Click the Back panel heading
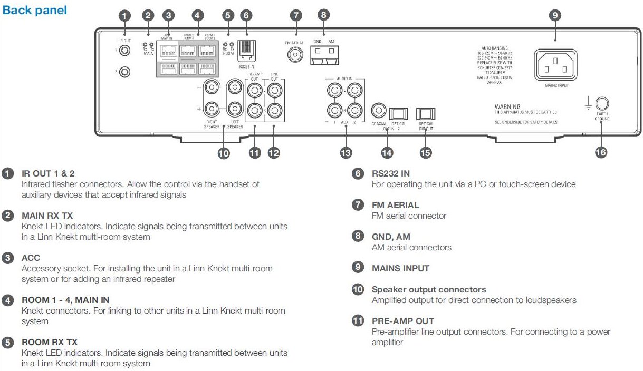coord(35,10)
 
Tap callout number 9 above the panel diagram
coord(554,15)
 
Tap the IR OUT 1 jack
coord(124,51)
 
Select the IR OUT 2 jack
coord(124,71)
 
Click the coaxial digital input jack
coord(378,111)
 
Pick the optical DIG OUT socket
coord(425,113)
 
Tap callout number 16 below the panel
coord(601,152)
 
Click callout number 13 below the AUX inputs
coord(346,153)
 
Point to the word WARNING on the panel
coord(507,106)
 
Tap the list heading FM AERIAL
coord(395,205)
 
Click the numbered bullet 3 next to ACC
coord(8,258)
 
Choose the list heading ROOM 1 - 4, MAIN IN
coord(65,300)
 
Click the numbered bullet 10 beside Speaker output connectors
coord(358,289)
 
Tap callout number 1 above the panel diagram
coord(124,15)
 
